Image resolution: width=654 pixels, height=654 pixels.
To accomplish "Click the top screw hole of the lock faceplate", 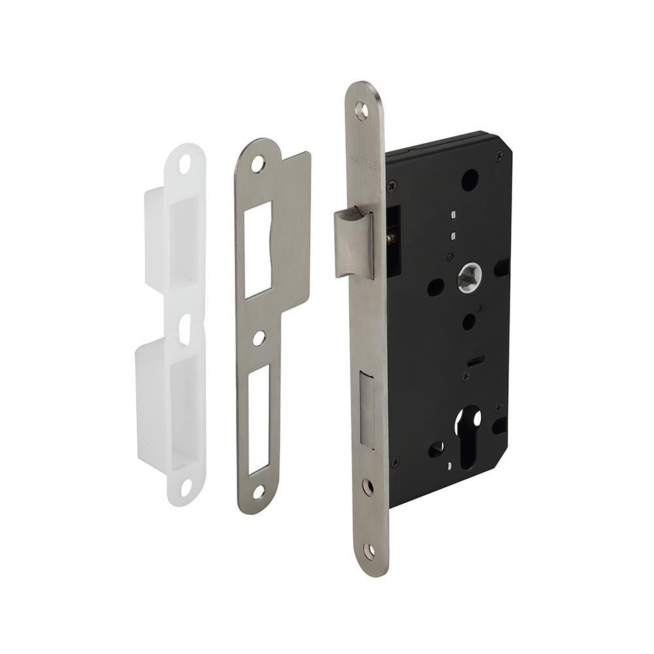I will click(x=361, y=110).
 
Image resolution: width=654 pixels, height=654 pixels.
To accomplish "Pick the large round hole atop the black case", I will click(x=469, y=180).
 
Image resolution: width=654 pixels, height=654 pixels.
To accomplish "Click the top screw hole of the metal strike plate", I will click(x=258, y=163).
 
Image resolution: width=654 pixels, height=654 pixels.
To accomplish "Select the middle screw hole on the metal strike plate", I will click(x=260, y=339).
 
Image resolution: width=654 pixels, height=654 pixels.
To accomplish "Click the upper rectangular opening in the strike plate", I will click(x=258, y=249).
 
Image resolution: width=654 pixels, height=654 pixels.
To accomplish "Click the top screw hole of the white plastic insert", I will click(x=184, y=163).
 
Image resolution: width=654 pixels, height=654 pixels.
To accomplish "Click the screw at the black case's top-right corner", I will click(x=498, y=156).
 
